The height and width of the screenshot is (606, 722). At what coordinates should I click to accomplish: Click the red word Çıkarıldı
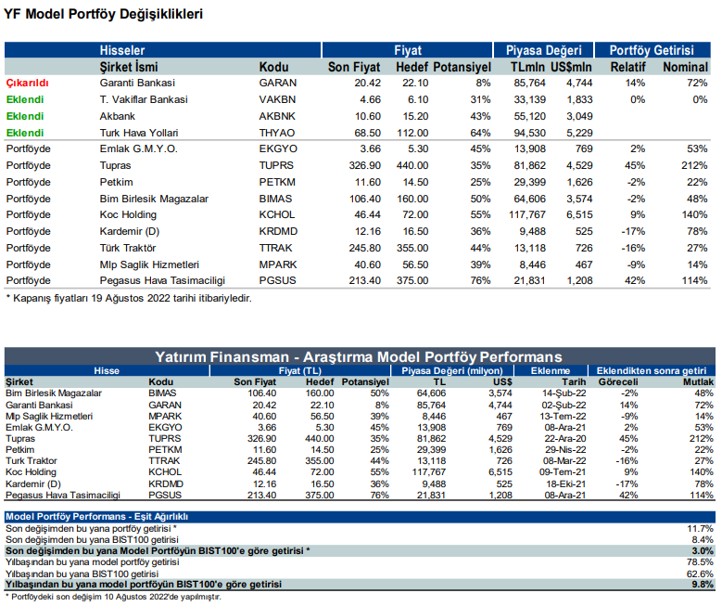pyautogui.click(x=27, y=83)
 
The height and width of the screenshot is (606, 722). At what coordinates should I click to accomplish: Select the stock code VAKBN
pyautogui.click(x=277, y=99)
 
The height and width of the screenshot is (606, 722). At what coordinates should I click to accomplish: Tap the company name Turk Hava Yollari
pyautogui.click(x=139, y=133)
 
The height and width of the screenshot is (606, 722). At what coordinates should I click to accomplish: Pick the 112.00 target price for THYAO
pyautogui.click(x=412, y=133)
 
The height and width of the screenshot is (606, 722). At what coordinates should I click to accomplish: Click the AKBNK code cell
pyautogui.click(x=277, y=116)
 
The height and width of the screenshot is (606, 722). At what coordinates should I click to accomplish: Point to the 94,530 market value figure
pyautogui.click(x=529, y=133)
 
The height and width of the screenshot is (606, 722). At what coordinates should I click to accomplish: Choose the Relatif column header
pyautogui.click(x=628, y=68)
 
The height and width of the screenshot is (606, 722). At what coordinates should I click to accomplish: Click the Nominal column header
pyautogui.click(x=685, y=68)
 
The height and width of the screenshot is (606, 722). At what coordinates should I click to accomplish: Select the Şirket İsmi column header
pyautogui.click(x=129, y=68)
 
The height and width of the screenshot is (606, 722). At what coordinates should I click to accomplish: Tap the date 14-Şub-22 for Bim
pyautogui.click(x=564, y=393)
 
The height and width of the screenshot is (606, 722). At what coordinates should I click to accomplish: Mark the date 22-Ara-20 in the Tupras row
pyautogui.click(x=565, y=439)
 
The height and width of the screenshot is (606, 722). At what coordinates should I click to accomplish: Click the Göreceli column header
pyautogui.click(x=618, y=381)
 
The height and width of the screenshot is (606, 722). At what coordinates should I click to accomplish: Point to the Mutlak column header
pyautogui.click(x=698, y=381)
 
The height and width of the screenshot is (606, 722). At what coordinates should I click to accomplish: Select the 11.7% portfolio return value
pyautogui.click(x=701, y=529)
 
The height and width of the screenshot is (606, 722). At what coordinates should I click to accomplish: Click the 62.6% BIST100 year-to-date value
pyautogui.click(x=700, y=574)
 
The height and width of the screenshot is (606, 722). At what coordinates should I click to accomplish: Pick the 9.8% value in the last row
pyautogui.click(x=703, y=585)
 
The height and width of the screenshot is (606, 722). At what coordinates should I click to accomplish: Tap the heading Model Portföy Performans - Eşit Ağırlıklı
pyautogui.click(x=96, y=517)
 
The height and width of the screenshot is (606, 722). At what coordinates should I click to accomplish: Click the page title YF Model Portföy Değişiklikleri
pyautogui.click(x=103, y=14)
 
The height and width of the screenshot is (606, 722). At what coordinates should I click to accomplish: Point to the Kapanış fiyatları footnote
pyautogui.click(x=129, y=299)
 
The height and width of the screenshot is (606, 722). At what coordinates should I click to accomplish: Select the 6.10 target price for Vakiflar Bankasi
pyautogui.click(x=418, y=99)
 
